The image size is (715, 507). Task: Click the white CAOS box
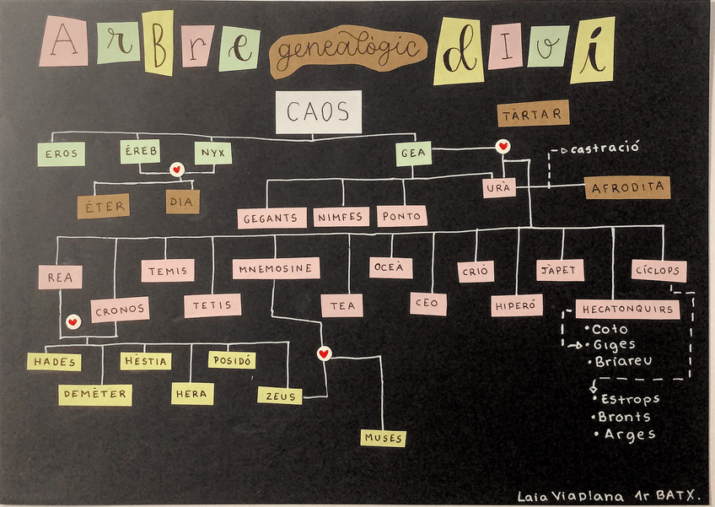click(318, 111)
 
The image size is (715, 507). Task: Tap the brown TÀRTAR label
click(533, 113)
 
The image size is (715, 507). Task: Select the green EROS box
click(61, 154)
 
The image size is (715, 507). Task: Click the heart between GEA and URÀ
click(503, 147)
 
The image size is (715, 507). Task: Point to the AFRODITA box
click(627, 187)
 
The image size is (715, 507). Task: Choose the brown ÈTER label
click(103, 206)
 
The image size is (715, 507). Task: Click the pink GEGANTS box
click(271, 217)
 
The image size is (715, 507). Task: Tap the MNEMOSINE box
click(276, 268)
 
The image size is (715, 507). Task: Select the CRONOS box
click(120, 310)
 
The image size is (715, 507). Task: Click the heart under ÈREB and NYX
click(177, 170)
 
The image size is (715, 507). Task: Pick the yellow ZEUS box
click(279, 394)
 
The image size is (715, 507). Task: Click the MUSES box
click(383, 438)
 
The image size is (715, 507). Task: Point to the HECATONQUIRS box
click(628, 309)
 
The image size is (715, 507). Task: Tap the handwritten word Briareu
click(623, 361)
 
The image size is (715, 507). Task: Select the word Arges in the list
click(630, 434)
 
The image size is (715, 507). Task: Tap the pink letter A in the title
click(63, 41)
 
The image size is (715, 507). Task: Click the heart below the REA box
click(73, 322)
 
